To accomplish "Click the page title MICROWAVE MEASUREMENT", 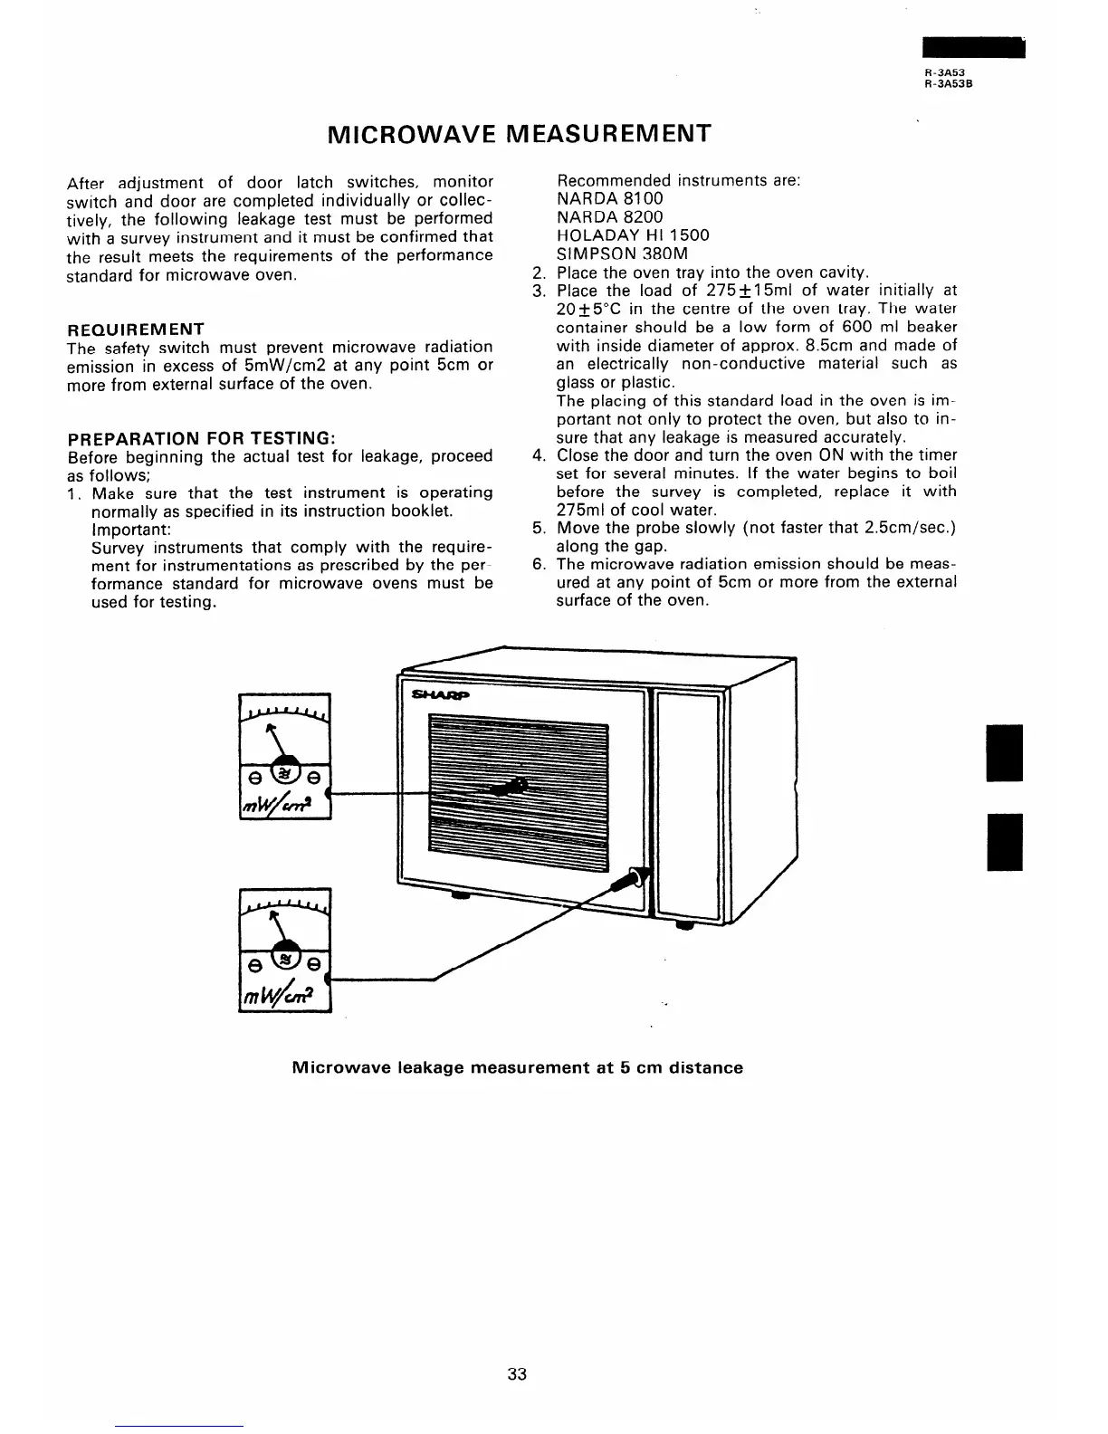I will point(517,134).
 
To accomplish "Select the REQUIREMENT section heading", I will point(136,329).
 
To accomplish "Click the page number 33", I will point(517,1374).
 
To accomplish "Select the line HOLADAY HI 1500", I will point(633,235).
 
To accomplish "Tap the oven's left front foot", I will point(461,896).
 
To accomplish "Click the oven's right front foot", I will point(684,925).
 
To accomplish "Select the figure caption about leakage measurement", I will point(517,1067).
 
